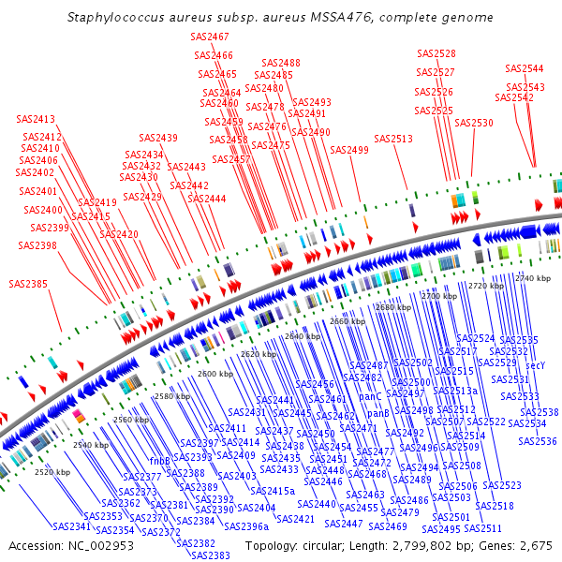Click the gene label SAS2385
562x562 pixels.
[29, 283]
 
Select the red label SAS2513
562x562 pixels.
[393, 139]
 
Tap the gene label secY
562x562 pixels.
[536, 365]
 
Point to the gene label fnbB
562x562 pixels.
[159, 461]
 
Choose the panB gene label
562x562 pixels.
[377, 413]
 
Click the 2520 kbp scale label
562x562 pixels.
[52, 472]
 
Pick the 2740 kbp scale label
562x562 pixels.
[533, 278]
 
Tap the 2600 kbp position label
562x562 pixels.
[215, 374]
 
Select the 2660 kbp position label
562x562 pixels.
[348, 321]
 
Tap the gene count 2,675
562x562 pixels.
[532, 545]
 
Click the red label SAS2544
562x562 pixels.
[525, 68]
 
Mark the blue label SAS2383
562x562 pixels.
[211, 555]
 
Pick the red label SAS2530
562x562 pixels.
[474, 123]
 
